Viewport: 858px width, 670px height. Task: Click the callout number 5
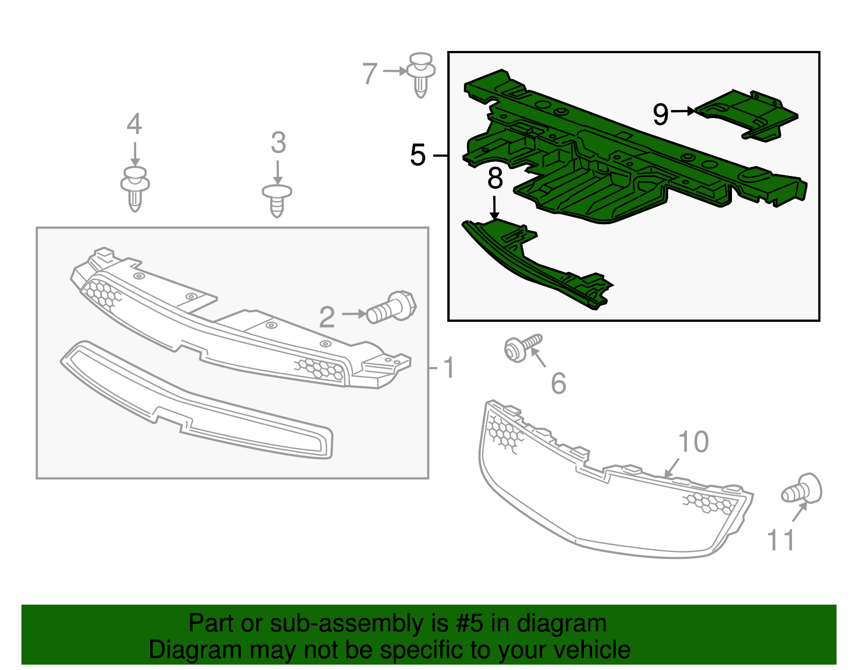click(x=418, y=156)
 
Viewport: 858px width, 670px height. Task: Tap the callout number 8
click(x=495, y=179)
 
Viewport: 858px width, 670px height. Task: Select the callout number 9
click(x=661, y=114)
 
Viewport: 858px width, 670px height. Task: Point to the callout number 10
click(x=693, y=442)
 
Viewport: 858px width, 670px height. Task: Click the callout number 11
click(x=780, y=540)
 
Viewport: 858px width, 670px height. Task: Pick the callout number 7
click(x=370, y=74)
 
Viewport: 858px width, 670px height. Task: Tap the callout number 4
click(x=134, y=124)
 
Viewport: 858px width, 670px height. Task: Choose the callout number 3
click(x=278, y=143)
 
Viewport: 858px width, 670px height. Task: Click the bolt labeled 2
click(x=392, y=308)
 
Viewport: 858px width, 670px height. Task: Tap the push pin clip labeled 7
click(x=421, y=74)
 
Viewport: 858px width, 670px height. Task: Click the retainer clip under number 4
click(x=135, y=188)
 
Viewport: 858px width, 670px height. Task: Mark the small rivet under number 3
click(x=277, y=200)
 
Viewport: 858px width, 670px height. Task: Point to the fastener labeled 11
click(x=803, y=489)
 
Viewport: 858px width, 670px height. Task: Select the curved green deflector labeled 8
click(x=536, y=263)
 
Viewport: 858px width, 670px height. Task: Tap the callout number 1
click(x=449, y=368)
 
